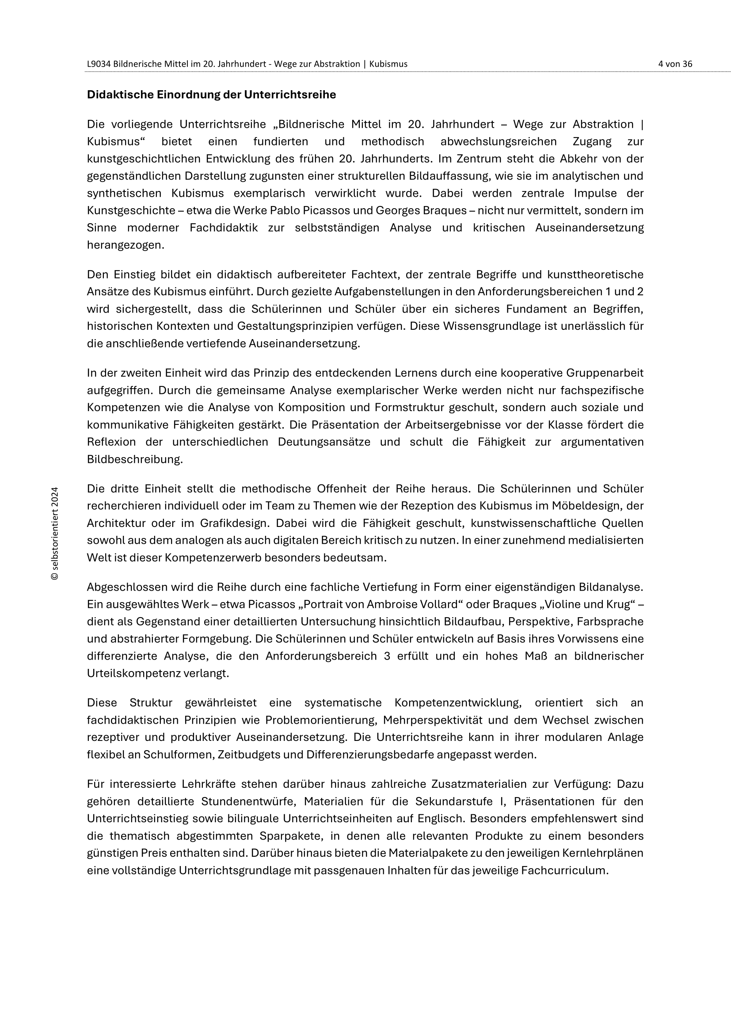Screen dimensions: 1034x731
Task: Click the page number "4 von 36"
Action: pos(675,64)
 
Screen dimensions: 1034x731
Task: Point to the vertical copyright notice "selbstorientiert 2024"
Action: pos(55,533)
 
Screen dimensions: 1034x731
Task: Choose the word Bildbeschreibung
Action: pos(135,459)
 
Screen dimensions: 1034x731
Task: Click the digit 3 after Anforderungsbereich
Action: pos(387,656)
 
